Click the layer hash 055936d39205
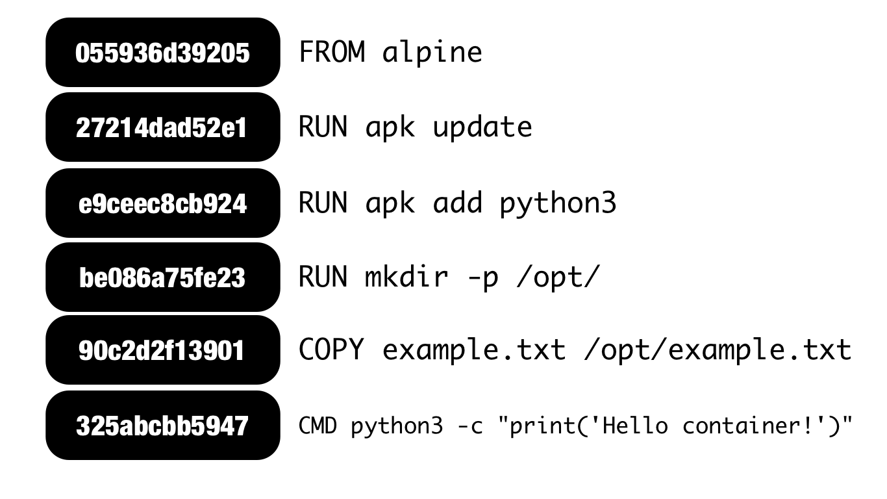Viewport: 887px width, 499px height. [x=162, y=53]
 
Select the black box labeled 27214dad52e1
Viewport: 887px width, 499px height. [x=162, y=127]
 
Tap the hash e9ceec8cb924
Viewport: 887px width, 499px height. [x=162, y=203]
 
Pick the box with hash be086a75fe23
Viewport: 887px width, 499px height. [x=162, y=277]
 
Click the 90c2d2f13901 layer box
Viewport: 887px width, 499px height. [x=162, y=351]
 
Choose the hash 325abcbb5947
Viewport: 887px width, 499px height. [x=162, y=426]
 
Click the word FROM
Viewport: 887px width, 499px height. [x=332, y=52]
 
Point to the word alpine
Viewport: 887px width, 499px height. [x=432, y=52]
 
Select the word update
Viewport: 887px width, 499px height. [x=482, y=127]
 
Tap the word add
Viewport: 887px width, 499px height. [x=457, y=203]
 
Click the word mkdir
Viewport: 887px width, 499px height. [x=406, y=277]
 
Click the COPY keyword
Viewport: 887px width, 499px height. [x=331, y=350]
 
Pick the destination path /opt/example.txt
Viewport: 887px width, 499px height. [x=717, y=351]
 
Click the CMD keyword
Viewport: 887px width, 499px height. [x=318, y=426]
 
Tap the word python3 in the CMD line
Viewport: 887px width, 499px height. [x=397, y=427]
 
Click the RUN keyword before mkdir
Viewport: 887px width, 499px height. [x=323, y=277]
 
